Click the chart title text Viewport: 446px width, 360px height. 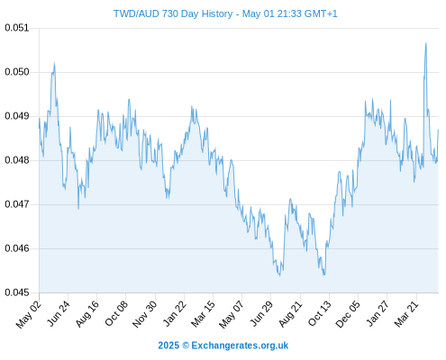tap(225, 13)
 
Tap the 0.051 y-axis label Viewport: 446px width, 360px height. tap(17, 28)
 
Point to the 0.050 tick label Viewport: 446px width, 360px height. tap(17, 72)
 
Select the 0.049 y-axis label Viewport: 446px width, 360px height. tap(17, 116)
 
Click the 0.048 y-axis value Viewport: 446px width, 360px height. tap(17, 160)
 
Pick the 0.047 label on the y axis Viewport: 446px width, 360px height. tap(17, 204)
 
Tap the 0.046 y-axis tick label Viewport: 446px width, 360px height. tap(17, 248)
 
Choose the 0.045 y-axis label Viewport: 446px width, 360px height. tap(17, 292)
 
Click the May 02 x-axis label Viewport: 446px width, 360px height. tap(29, 314)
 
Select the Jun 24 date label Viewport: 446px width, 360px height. tap(58, 313)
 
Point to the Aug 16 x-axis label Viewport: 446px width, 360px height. tap(86, 313)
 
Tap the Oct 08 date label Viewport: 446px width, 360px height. tap(116, 313)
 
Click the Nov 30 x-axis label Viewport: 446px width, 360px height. tap(145, 314)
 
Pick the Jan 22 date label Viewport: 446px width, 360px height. tap(174, 313)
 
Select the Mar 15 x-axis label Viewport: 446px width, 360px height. tap(203, 313)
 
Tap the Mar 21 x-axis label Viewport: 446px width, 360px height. tap(406, 313)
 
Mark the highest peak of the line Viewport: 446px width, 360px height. tap(426, 43)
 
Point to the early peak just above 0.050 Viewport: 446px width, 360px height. tap(54, 63)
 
